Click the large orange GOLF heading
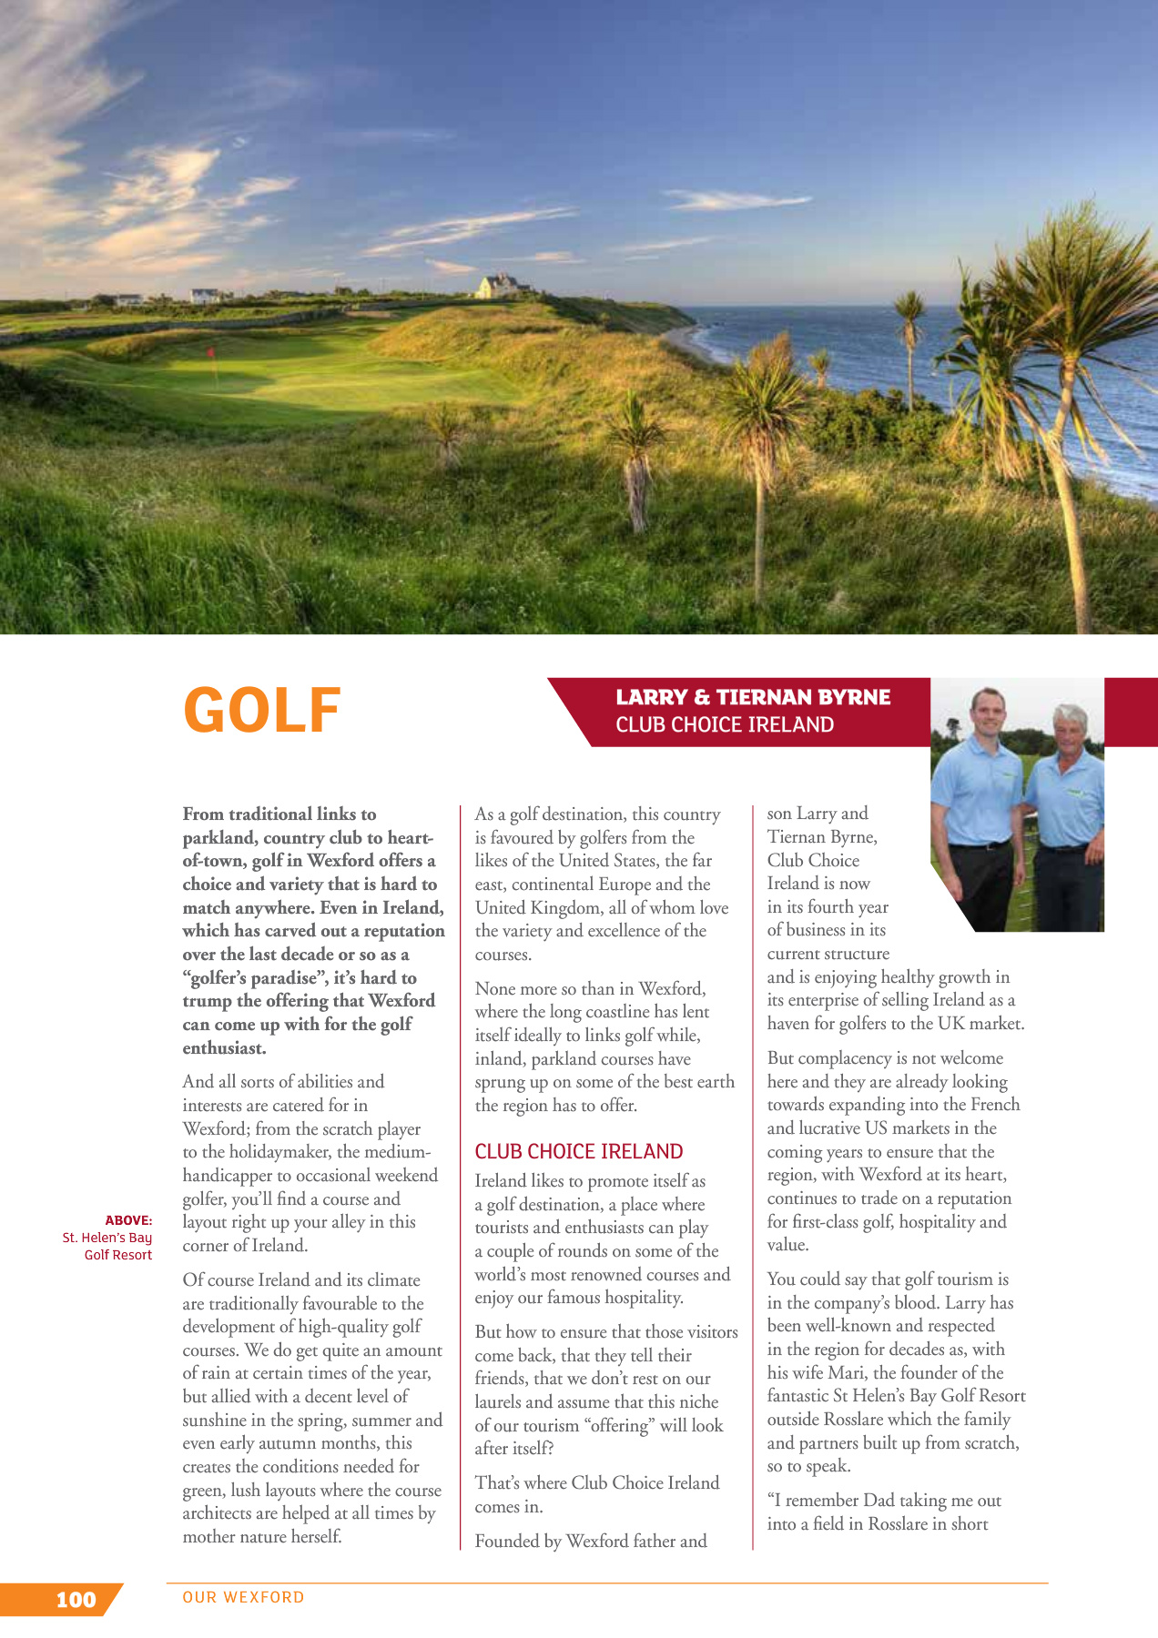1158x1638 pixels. (262, 710)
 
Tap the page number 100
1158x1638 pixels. (76, 1600)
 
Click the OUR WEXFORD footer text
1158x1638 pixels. (243, 1597)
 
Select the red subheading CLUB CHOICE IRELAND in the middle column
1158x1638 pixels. (578, 1151)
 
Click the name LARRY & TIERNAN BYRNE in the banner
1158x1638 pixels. (753, 697)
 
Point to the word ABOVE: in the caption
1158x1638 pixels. (128, 1220)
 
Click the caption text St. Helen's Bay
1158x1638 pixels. (107, 1238)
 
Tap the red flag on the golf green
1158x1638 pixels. (211, 352)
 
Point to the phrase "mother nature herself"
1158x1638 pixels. (262, 1537)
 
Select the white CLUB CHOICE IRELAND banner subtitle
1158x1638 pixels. (725, 724)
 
